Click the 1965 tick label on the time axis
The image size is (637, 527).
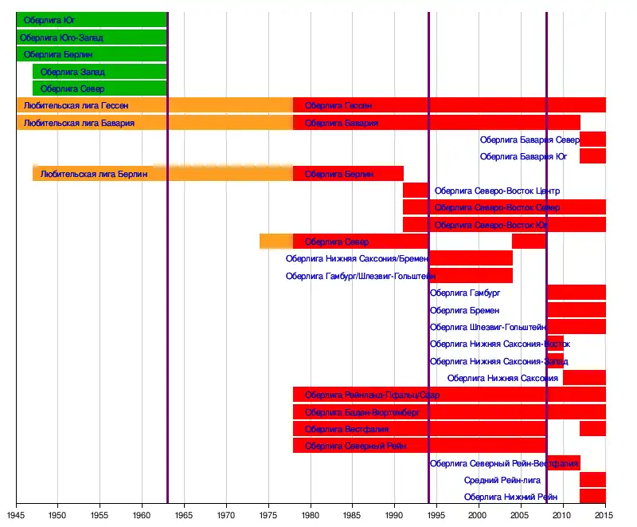coord(184,517)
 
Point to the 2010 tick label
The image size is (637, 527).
coord(563,517)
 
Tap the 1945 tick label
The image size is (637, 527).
coord(16,517)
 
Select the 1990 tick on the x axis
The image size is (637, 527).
coord(395,517)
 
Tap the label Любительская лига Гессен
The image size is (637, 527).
coord(76,105)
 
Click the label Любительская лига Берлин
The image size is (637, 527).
coord(94,174)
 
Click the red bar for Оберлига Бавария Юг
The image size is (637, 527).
coord(592,156)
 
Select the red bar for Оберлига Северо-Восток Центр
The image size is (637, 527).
coord(415,191)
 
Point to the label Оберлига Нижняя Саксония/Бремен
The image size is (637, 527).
coord(357,258)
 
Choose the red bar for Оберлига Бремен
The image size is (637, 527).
coord(576,309)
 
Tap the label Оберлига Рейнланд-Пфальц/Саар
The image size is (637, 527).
coord(372,395)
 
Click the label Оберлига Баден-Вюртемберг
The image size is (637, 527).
coord(362,412)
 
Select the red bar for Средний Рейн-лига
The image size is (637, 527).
coord(592,480)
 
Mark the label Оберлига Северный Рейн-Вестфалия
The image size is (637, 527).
coord(503,463)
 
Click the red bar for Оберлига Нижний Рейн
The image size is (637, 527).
coord(592,497)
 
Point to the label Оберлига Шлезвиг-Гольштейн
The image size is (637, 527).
coord(487,327)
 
